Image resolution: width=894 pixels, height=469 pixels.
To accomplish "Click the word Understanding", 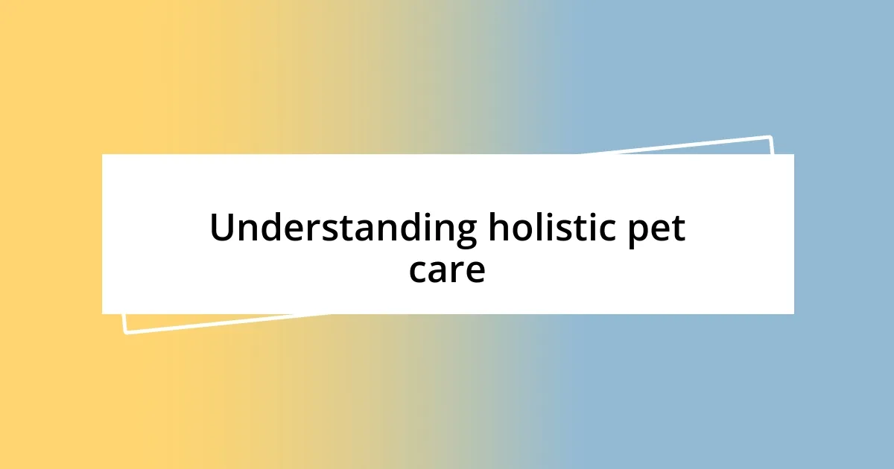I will coord(343,229).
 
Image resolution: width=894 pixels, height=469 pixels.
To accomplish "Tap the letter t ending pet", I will coord(678,230).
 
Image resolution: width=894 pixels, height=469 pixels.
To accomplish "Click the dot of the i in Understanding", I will coord(419,215).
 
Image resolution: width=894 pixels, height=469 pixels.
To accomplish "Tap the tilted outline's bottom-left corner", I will coord(124,332).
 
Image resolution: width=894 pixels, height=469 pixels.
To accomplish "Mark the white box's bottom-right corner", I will coord(793,313).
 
